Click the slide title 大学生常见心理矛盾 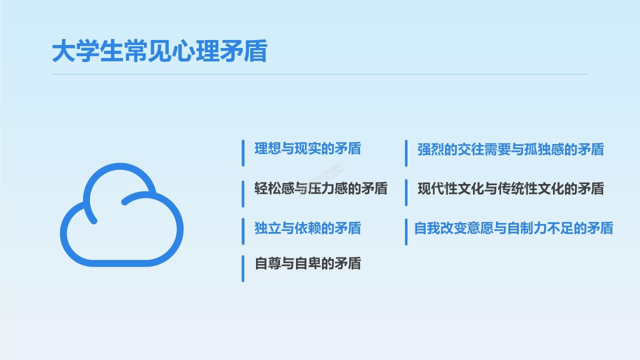[x=159, y=52]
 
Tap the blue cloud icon [x=121, y=215]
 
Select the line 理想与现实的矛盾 [x=307, y=149]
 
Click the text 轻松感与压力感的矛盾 [x=320, y=188]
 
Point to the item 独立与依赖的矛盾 [x=307, y=228]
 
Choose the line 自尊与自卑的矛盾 [x=307, y=263]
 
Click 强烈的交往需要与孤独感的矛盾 [x=510, y=149]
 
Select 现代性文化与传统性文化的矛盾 [x=510, y=188]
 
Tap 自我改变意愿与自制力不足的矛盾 [x=513, y=228]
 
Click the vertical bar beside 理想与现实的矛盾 [x=243, y=153]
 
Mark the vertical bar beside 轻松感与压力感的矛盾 [x=243, y=193]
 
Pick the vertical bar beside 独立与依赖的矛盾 [x=243, y=231]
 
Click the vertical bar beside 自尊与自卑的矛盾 [x=243, y=268]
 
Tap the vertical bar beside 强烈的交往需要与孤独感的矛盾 [x=406, y=153]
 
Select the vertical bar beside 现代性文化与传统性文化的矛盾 [x=406, y=192]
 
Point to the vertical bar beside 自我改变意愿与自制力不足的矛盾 [x=406, y=231]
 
